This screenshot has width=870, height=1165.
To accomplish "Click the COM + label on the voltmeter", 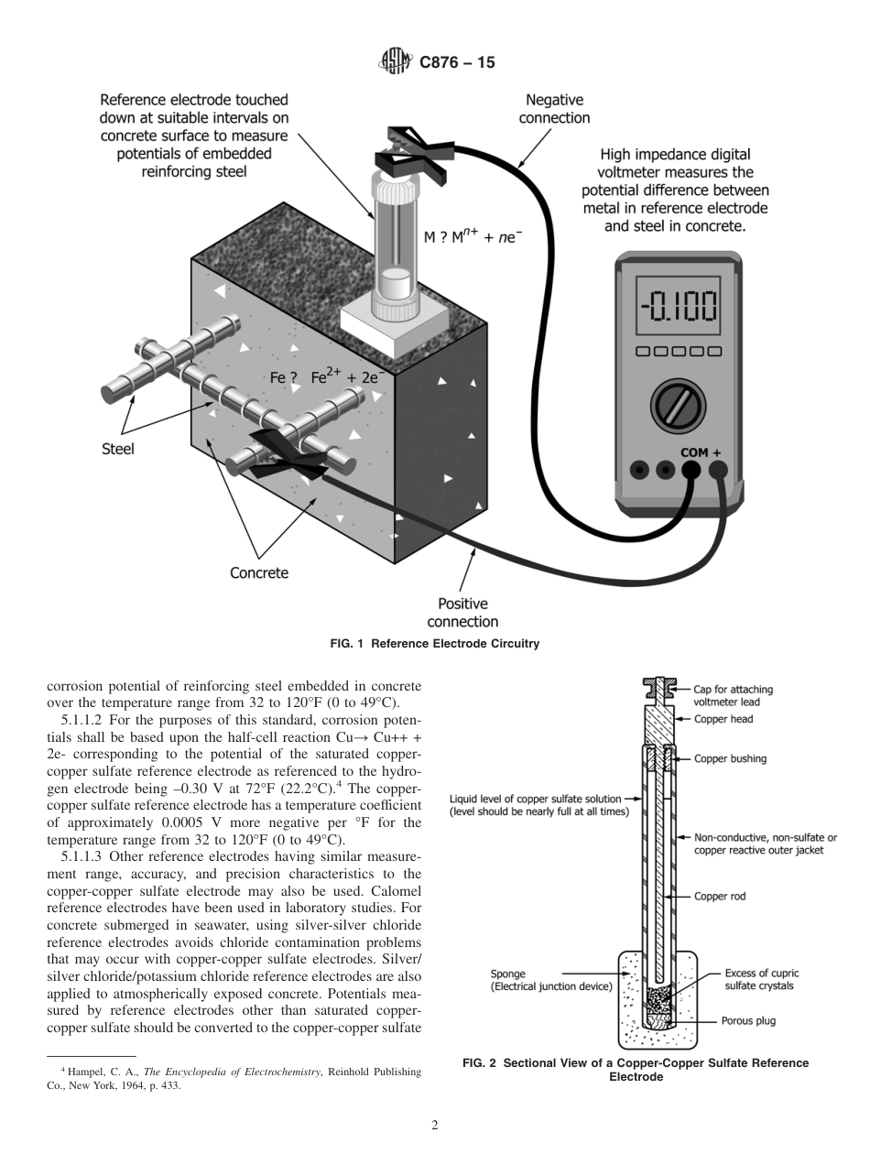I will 701,452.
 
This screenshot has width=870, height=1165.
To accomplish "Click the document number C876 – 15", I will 456,63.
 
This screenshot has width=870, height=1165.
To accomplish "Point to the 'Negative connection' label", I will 554,109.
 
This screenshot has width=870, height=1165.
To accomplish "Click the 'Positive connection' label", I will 462,613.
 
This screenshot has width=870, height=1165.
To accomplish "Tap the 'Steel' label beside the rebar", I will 117,449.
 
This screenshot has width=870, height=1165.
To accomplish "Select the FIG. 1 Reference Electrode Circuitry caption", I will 434,644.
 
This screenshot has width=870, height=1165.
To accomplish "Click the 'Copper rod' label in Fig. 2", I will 719,897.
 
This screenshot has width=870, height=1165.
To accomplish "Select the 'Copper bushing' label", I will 730,758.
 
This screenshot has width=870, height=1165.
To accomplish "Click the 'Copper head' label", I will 723,719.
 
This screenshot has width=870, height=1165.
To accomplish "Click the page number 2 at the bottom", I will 434,1126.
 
